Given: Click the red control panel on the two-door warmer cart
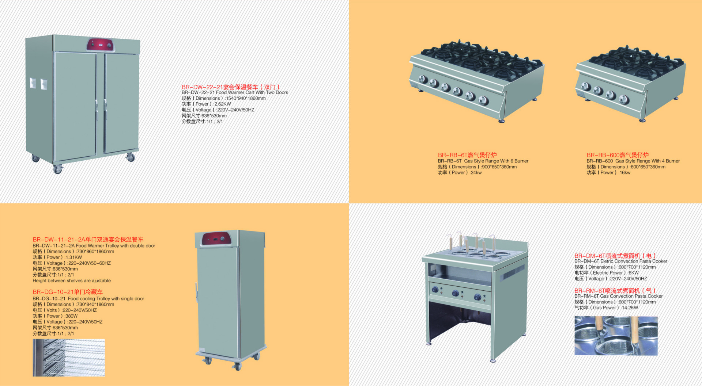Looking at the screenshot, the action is click(100, 45).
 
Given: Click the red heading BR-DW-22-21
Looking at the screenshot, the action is click(231, 87).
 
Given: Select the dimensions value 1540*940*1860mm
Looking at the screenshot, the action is click(246, 98).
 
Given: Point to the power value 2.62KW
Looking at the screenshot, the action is click(223, 104).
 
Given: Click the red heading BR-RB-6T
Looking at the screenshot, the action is click(467, 155).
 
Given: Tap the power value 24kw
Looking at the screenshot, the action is click(476, 173).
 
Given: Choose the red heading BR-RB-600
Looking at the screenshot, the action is click(618, 155).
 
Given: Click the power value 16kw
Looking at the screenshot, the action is click(624, 173).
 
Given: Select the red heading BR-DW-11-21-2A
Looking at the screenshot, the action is click(88, 240).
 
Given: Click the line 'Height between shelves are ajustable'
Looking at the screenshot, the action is click(72, 281).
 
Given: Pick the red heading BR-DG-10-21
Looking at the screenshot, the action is click(68, 292).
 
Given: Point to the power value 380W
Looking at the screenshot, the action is click(71, 316).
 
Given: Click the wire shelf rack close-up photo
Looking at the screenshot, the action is click(69, 358).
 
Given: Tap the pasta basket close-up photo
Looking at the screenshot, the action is click(616, 336).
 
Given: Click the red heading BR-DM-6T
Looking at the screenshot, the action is click(615, 256).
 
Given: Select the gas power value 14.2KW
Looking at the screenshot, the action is click(629, 308).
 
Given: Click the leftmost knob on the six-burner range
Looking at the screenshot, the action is click(423, 79).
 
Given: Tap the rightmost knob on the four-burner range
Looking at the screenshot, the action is click(624, 99).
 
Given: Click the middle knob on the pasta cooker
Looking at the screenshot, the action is click(456, 293).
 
